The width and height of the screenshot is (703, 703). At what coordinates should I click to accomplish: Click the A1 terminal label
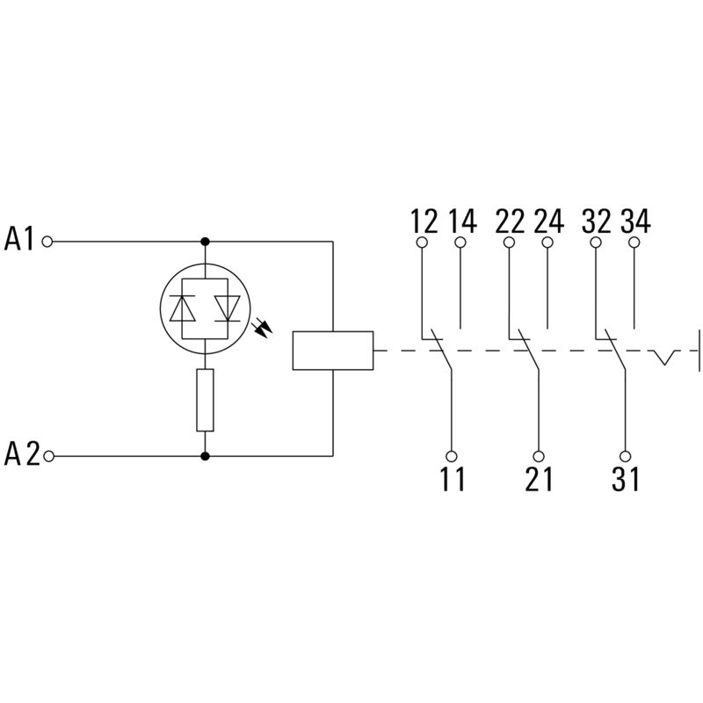[x=18, y=238]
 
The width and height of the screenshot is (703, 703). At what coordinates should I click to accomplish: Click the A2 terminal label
[x=21, y=453]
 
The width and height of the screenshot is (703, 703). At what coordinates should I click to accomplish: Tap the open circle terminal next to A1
[x=47, y=242]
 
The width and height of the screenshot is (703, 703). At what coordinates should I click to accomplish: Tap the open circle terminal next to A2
[x=49, y=456]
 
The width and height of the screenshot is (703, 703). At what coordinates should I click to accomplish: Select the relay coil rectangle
[x=333, y=351]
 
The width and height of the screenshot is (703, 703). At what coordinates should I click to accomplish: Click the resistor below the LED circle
[x=205, y=400]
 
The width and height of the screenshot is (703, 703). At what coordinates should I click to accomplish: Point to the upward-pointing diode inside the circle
[x=182, y=308]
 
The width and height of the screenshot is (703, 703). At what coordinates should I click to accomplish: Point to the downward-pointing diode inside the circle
[x=228, y=308]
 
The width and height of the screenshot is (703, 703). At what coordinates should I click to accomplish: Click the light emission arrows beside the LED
[x=262, y=328]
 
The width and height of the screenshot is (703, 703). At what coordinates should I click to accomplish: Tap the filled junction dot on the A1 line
[x=205, y=242]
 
